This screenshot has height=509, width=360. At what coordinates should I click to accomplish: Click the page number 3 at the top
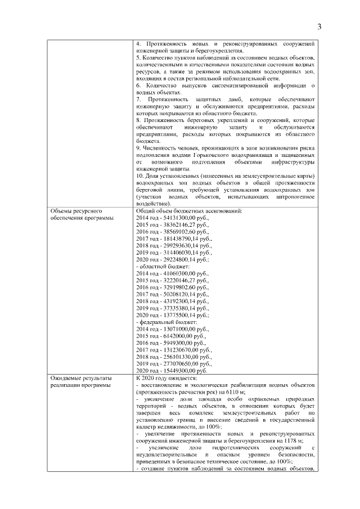coord(319,26)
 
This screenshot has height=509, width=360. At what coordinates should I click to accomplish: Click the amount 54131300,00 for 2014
coord(176,217)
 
